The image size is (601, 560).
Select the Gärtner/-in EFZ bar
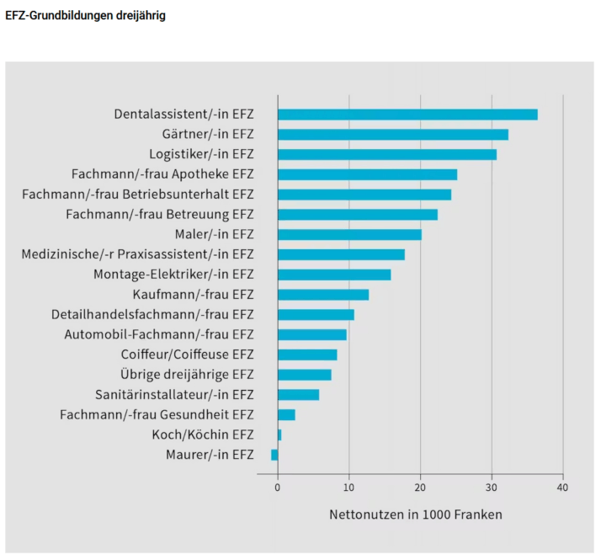(393, 135)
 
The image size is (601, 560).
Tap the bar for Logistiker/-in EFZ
(387, 154)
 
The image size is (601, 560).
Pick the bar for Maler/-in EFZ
(349, 234)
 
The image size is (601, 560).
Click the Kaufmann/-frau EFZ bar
(323, 295)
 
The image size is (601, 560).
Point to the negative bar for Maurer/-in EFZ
(274, 455)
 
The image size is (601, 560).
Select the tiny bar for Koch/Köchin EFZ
(279, 435)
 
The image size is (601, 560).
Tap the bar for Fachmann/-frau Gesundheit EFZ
(286, 414)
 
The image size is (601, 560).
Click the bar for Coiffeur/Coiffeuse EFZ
(307, 355)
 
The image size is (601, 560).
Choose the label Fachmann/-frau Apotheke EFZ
(162, 174)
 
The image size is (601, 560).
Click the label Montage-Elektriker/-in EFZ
(173, 275)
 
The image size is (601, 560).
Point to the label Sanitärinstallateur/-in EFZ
(174, 394)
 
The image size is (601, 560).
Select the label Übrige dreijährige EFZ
(187, 374)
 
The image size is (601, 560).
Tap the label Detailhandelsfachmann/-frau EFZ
(152, 314)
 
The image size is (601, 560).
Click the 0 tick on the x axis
(278, 488)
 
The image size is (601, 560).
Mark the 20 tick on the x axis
(420, 488)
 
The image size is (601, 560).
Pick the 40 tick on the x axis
(562, 488)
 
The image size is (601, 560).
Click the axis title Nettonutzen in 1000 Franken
(415, 514)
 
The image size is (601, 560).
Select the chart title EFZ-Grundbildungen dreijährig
(85, 16)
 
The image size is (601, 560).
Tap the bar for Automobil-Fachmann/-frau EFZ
(312, 334)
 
